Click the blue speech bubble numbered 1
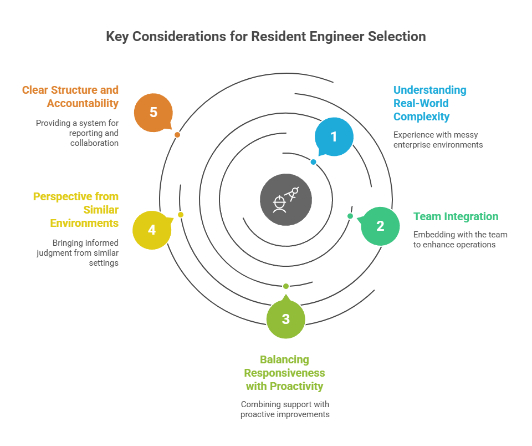[334, 136]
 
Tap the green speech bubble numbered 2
[380, 226]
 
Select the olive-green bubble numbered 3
[286, 318]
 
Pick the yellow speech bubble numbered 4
[152, 230]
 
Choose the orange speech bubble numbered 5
[154, 113]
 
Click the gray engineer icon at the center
[286, 200]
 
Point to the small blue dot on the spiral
[314, 162]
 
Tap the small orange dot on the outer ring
[177, 135]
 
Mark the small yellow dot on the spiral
[181, 215]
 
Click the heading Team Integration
[456, 216]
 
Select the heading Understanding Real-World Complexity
[430, 103]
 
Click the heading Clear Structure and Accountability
[70, 97]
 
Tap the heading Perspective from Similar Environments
[76, 210]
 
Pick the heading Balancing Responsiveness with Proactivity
[284, 373]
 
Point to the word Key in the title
[117, 37]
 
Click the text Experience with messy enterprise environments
[438, 140]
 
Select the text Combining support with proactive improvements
[285, 409]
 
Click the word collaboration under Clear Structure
[94, 143]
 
